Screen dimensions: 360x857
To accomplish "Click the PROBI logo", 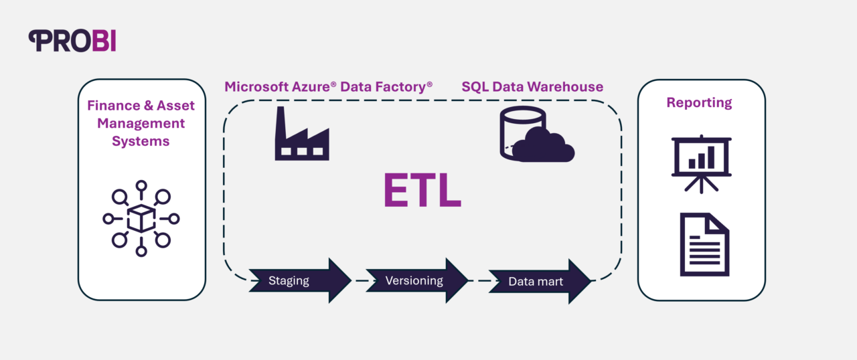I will point(72,41).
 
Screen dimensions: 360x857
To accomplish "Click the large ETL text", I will point(422,191).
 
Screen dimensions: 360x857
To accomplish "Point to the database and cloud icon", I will point(536,136).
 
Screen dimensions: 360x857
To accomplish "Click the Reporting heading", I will point(699,103).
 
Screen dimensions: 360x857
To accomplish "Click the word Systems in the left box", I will point(141,141).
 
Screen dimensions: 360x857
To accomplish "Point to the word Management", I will point(141,124).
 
